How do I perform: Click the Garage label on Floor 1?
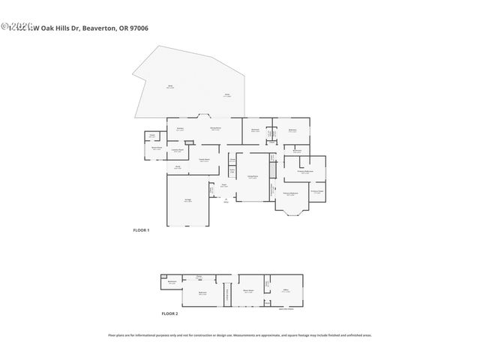[187, 200]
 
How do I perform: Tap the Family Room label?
[203, 159]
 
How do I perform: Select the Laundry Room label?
[178, 151]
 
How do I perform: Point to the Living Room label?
[253, 177]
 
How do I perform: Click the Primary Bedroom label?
[290, 193]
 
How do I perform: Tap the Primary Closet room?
[317, 191]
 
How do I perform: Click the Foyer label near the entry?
[223, 185]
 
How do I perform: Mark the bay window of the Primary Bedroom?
[291, 214]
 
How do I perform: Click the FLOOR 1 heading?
[141, 230]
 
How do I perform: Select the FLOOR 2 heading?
[169, 313]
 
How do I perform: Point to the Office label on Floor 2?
[286, 290]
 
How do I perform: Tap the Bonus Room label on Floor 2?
[248, 290]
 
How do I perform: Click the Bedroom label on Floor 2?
[202, 293]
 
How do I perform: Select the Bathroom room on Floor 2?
[172, 283]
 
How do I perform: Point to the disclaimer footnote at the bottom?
[239, 335]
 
